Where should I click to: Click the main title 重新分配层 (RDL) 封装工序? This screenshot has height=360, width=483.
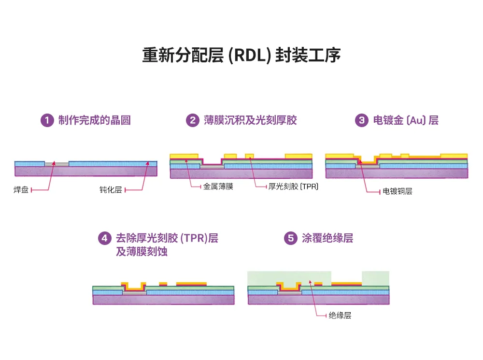click(241, 55)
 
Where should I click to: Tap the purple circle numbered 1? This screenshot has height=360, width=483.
click(46, 120)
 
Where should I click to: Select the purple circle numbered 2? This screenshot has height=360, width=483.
click(192, 120)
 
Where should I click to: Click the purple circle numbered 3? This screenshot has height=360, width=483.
click(362, 120)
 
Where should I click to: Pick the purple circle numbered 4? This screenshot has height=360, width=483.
click(104, 238)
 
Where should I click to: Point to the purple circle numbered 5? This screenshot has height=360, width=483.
click(290, 238)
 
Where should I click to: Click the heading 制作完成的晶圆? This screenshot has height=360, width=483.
click(94, 120)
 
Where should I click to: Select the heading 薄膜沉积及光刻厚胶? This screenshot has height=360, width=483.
click(250, 120)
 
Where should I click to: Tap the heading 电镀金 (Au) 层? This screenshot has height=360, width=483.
click(406, 120)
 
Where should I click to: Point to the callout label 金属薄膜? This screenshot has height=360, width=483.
click(218, 187)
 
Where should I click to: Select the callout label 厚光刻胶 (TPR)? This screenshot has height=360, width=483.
click(293, 187)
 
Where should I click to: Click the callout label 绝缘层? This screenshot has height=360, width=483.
click(340, 316)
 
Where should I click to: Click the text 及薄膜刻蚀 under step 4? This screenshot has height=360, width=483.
click(142, 251)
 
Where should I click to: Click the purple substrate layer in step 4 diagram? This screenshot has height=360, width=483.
click(163, 300)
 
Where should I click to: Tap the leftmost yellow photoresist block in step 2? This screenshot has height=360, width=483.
click(184, 156)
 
